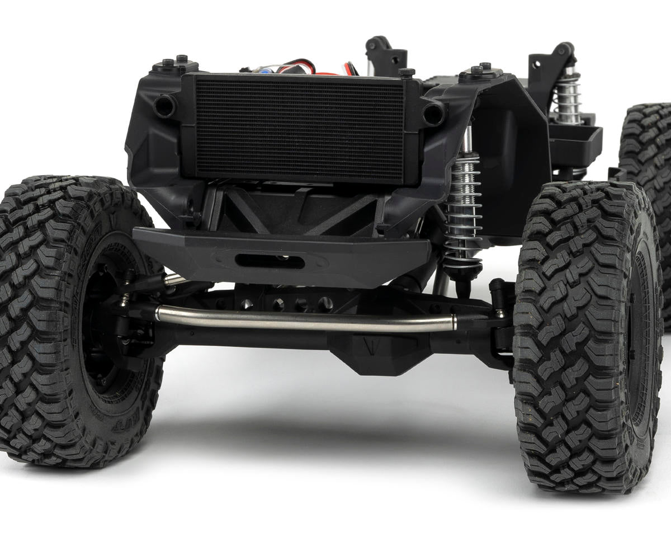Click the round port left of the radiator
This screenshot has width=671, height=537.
point(164,105)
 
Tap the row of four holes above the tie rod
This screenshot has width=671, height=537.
point(285,304)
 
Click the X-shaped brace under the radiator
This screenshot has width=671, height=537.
point(296,210)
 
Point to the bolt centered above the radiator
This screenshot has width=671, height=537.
point(407,73)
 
